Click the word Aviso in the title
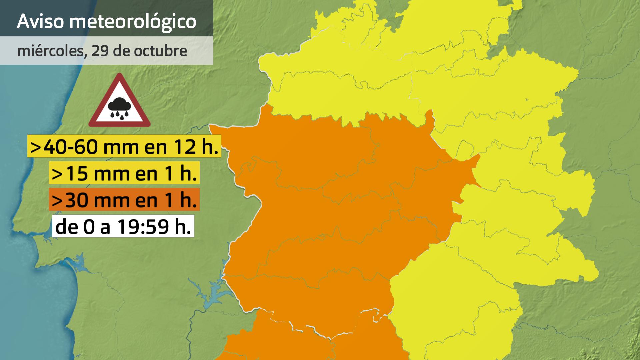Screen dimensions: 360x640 [x=40, y=21]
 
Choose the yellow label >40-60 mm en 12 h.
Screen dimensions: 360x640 [x=124, y=146]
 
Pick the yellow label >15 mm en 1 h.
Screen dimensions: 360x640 [x=124, y=173]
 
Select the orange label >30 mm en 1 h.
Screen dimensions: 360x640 [x=124, y=200]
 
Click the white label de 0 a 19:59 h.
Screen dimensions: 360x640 [x=123, y=226]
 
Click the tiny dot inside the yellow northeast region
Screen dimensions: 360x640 [x=527, y=99]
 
